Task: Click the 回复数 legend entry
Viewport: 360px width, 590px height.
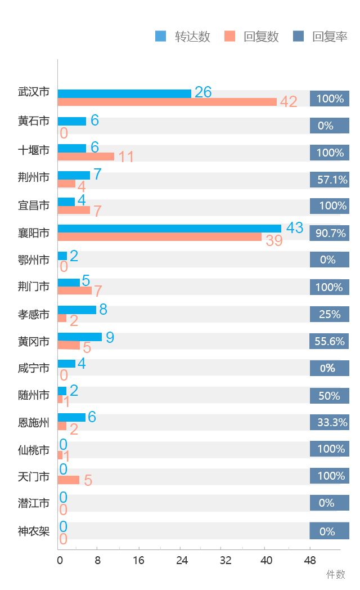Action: (251, 37)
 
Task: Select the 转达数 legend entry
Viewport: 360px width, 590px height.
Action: (183, 37)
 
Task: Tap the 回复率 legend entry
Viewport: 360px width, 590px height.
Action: (320, 37)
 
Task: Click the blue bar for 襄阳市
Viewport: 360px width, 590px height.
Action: (169, 229)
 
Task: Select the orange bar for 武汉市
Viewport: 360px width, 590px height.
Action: (167, 102)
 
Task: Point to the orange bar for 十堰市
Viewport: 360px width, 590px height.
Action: (86, 157)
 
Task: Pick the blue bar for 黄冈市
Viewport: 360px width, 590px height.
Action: (80, 337)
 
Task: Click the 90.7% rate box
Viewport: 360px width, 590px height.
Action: (330, 233)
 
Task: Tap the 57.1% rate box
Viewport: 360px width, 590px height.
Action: (330, 180)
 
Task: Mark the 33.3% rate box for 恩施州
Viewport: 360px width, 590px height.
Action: (330, 422)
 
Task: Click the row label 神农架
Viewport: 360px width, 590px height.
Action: (34, 531)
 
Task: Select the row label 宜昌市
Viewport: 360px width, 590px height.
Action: (34, 205)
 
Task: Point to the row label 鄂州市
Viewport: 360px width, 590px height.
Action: (34, 260)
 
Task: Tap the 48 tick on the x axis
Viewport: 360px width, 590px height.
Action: (309, 561)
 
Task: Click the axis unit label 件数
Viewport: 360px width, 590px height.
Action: (336, 574)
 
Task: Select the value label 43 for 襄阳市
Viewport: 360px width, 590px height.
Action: (295, 228)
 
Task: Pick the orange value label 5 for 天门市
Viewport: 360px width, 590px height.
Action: (88, 481)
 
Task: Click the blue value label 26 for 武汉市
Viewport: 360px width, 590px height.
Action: (203, 92)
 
